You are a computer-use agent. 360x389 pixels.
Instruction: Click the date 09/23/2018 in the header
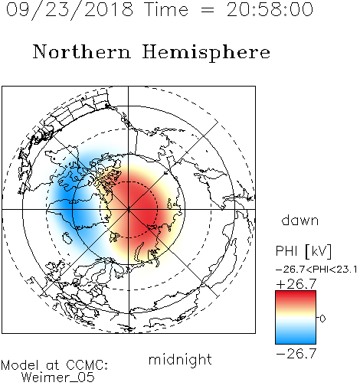(x=70, y=9)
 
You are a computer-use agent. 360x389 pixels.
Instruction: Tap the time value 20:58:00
(x=270, y=9)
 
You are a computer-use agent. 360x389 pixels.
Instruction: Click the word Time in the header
(x=166, y=9)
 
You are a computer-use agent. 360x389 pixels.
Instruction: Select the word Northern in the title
(x=82, y=51)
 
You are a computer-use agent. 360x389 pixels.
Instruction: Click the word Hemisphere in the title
(x=206, y=52)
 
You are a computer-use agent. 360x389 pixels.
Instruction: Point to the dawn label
(x=300, y=220)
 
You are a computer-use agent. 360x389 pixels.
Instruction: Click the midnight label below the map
(x=180, y=359)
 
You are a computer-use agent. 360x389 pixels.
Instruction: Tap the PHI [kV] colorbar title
(x=303, y=251)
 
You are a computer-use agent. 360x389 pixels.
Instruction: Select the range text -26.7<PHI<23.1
(x=316, y=270)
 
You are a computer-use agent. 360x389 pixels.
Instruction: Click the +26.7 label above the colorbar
(x=296, y=283)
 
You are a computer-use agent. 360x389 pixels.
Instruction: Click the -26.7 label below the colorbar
(x=296, y=353)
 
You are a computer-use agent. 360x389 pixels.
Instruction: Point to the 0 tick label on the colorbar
(x=322, y=319)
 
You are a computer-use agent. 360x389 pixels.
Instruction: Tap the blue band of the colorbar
(x=296, y=337)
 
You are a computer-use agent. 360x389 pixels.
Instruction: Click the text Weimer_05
(x=58, y=378)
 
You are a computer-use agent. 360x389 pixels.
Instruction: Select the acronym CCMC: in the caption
(x=87, y=365)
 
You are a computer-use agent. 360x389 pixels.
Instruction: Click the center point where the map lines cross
(x=129, y=210)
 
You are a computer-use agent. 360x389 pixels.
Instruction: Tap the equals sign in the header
(x=208, y=10)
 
